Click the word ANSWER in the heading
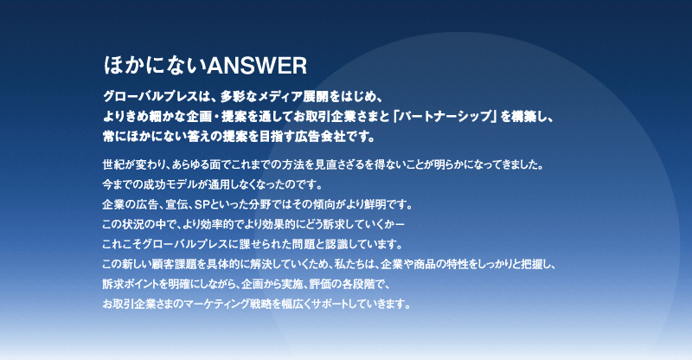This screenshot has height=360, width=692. click(256, 66)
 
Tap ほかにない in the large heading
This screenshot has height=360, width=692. click(155, 66)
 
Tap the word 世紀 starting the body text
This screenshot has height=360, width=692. click(112, 165)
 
